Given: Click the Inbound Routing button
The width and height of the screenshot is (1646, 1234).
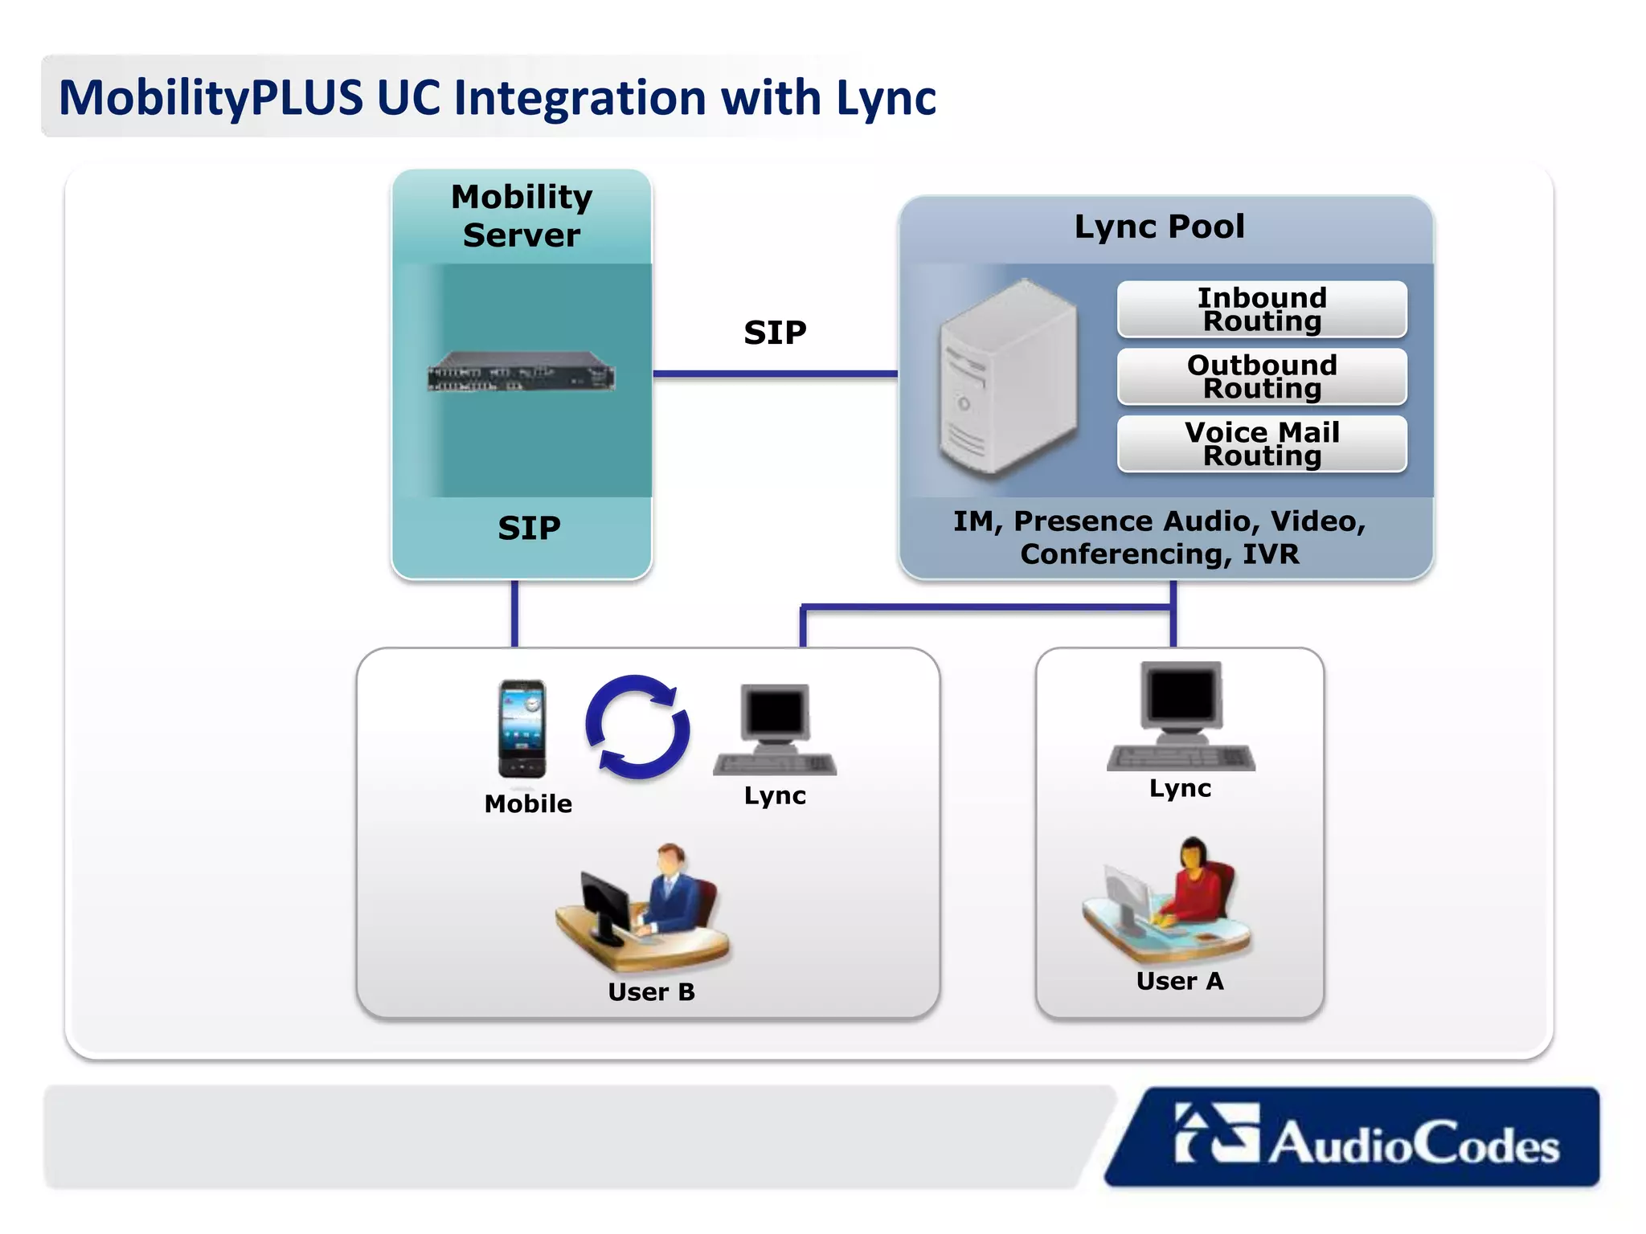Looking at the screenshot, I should click(1261, 309).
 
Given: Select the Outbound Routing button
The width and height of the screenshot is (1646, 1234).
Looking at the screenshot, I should click(1261, 376).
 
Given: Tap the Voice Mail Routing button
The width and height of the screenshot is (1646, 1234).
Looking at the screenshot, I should click(1261, 443).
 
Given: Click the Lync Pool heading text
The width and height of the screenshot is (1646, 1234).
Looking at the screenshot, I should click(1159, 227).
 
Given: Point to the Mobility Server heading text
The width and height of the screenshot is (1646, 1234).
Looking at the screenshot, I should click(522, 215).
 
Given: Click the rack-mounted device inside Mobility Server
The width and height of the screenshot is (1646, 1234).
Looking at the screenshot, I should click(522, 373).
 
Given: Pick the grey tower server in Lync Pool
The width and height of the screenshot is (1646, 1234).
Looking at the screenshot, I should click(1008, 378).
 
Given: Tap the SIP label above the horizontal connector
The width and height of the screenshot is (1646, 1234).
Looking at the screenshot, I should click(775, 333).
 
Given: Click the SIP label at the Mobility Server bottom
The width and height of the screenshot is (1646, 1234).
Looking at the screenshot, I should click(529, 529).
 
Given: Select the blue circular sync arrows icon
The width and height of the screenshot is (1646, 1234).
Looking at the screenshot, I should click(637, 727).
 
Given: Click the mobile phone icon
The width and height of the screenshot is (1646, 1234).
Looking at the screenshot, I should click(522, 729).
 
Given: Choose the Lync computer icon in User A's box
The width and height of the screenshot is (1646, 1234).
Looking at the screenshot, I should click(1181, 716).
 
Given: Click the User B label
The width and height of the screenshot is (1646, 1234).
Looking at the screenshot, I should click(651, 992).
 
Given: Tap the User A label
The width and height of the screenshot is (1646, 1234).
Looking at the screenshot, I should click(1180, 981).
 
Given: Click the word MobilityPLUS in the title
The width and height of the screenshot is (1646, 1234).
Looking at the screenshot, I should click(211, 98).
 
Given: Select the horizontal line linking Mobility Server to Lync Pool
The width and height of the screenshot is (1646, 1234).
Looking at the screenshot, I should click(775, 374).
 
